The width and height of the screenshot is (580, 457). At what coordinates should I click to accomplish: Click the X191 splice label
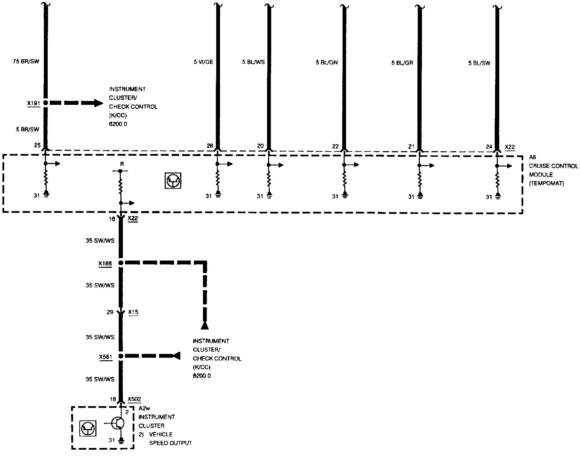[x=34, y=103]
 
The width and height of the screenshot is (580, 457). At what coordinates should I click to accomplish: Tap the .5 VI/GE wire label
[x=203, y=62]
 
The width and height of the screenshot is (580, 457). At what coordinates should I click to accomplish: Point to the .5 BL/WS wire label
[x=253, y=62]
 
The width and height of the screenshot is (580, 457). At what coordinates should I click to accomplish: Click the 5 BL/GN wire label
[x=327, y=63]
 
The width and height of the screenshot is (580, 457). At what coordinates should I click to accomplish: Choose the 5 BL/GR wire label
[x=402, y=63]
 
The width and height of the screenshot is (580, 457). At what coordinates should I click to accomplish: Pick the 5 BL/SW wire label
[x=479, y=63]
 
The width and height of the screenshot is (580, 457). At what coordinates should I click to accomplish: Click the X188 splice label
[x=105, y=263]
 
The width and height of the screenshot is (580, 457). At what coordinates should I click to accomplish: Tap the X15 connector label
[x=133, y=312]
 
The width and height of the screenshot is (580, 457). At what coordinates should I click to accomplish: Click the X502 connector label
[x=134, y=399]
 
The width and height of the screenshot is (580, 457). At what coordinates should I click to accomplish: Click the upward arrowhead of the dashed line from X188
[x=205, y=325]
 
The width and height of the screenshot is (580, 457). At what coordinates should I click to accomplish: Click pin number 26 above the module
[x=210, y=146]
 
